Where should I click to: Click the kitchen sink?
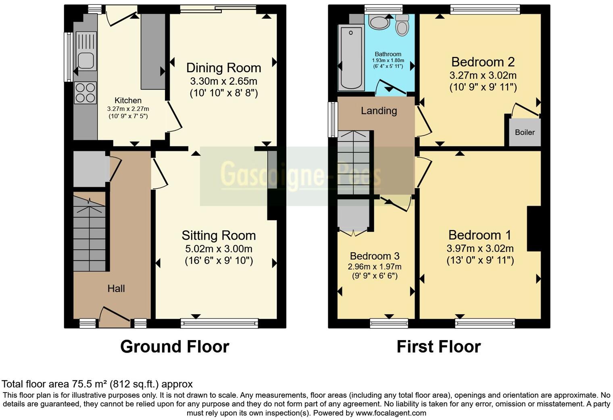point(85,61)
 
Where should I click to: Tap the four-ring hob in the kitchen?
point(85,93)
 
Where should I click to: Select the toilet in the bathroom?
point(402,25)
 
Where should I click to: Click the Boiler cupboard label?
point(525,132)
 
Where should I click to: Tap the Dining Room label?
point(223,68)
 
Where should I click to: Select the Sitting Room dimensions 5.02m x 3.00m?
point(219,249)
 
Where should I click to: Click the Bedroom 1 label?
point(480,235)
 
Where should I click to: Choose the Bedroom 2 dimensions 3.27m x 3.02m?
point(483,75)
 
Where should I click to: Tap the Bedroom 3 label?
point(374,256)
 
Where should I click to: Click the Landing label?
point(379,111)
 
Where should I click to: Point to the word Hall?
point(116,288)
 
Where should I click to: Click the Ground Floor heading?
point(175,347)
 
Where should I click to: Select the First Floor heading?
point(438,347)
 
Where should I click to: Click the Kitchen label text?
point(128,100)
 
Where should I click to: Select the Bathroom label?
point(388,54)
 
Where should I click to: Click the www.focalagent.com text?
point(391,413)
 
